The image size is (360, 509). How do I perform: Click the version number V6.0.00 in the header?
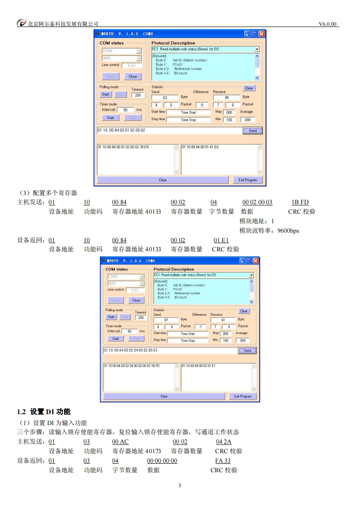(x=328, y=24)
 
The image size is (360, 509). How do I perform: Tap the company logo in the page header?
(x=21, y=24)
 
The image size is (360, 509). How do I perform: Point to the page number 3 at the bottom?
(x=180, y=486)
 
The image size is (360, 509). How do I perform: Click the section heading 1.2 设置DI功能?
(x=44, y=412)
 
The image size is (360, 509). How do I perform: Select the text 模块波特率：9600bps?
(x=269, y=230)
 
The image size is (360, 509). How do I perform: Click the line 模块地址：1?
(x=257, y=221)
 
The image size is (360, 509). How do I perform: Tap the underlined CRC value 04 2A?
(x=224, y=442)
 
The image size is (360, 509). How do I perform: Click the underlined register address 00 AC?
(x=120, y=442)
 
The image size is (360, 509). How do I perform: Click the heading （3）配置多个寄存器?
(x=47, y=193)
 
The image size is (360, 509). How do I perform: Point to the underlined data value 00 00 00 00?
(x=162, y=461)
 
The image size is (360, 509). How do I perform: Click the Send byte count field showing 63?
(x=164, y=98)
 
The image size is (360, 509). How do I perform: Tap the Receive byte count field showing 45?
(x=227, y=98)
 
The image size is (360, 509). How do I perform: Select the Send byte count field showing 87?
(x=166, y=319)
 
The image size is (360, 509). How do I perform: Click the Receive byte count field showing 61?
(x=223, y=319)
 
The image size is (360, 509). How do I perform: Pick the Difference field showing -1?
(x=200, y=327)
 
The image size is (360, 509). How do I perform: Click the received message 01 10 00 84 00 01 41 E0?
(x=200, y=147)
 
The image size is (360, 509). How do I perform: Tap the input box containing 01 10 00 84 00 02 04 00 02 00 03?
(x=169, y=350)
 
